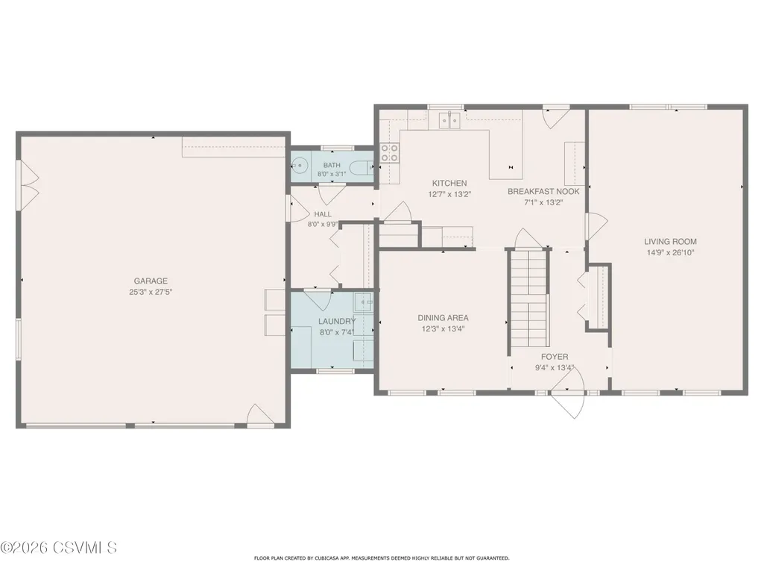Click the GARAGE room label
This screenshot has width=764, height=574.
click(151, 281)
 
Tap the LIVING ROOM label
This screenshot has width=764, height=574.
click(670, 241)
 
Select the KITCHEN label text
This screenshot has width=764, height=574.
click(449, 183)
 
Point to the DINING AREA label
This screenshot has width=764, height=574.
click(443, 318)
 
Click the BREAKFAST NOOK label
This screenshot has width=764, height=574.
click(544, 191)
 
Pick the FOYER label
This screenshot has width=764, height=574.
click(555, 357)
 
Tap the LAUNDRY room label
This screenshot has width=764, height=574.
click(337, 321)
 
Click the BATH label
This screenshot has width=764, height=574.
click(332, 166)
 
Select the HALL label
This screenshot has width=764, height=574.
click(323, 214)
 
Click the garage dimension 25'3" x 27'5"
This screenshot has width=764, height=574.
click(151, 292)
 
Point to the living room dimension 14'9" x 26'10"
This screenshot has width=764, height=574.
click(670, 252)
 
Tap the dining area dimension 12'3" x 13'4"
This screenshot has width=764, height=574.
click(443, 329)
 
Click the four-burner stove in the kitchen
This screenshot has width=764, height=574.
click(390, 152)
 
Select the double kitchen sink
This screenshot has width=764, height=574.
click(449, 120)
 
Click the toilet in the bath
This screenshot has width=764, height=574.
click(364, 167)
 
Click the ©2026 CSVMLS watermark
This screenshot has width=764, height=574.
click(58, 547)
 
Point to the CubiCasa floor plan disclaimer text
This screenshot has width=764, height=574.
click(382, 558)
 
